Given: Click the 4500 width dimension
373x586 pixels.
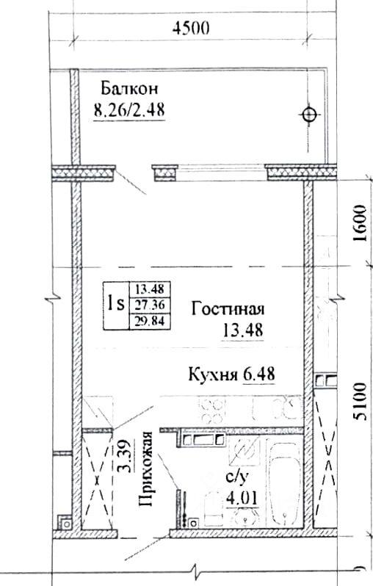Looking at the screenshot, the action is (x=191, y=27).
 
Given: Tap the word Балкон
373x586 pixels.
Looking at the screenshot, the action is (x=129, y=89).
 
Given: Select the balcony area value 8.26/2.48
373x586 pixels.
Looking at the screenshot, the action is (x=129, y=110).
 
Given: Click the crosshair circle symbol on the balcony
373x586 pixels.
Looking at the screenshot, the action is (x=310, y=115).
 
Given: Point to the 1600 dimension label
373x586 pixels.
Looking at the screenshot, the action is (x=360, y=223).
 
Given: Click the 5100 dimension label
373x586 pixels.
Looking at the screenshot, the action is (x=360, y=402).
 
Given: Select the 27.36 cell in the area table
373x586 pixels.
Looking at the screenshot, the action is (x=150, y=305).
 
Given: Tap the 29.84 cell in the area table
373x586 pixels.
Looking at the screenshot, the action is (x=150, y=321).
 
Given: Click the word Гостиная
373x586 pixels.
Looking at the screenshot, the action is (x=228, y=309).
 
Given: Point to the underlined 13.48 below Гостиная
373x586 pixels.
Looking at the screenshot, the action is (x=243, y=330).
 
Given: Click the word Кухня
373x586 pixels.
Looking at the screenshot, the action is (x=214, y=374).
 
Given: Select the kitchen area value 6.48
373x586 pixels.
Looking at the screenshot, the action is (x=259, y=374).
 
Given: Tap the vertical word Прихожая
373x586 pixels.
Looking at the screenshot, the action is (x=146, y=469).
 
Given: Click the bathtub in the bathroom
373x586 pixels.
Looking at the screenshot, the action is (x=286, y=482).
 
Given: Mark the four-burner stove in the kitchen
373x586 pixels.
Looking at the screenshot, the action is (x=213, y=410).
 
